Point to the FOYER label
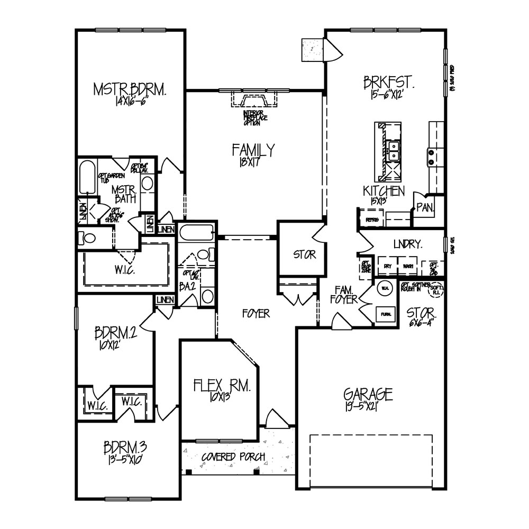(x=256, y=314)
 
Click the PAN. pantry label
(x=424, y=207)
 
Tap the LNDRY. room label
(x=407, y=244)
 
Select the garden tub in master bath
(x=87, y=178)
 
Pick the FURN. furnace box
(x=385, y=314)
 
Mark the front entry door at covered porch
(x=275, y=421)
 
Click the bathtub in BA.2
(x=196, y=232)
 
